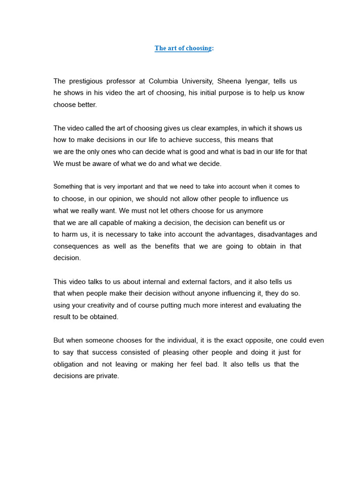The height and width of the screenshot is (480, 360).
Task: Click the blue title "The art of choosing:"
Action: coord(184,48)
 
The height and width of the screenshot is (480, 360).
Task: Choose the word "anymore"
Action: coord(249,210)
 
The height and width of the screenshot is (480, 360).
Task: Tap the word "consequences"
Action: coord(76,246)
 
